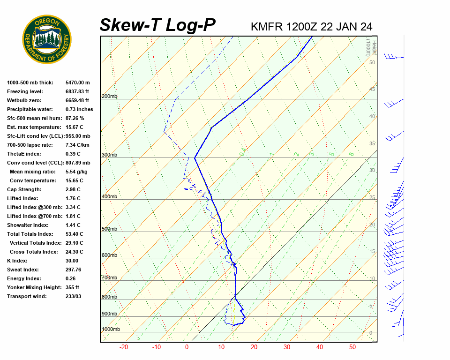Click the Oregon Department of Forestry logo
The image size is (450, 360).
[47, 39]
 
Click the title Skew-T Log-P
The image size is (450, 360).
[157, 25]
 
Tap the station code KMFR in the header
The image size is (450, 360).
[267, 27]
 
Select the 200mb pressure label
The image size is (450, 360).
[109, 96]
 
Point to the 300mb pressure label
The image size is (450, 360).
[109, 155]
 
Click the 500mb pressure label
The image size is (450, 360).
[109, 229]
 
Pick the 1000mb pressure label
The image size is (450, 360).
[111, 329]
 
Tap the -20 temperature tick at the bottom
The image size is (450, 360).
[124, 347]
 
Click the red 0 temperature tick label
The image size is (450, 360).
[187, 347]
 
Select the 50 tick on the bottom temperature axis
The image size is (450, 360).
[352, 347]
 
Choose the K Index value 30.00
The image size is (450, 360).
[72, 261]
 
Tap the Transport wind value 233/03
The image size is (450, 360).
[73, 296]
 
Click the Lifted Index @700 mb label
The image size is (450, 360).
[30, 216]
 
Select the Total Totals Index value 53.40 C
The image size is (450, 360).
[74, 234]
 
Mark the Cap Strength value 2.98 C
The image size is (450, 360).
[73, 189]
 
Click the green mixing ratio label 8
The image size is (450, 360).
[351, 154]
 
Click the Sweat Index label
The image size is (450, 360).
[23, 270]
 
